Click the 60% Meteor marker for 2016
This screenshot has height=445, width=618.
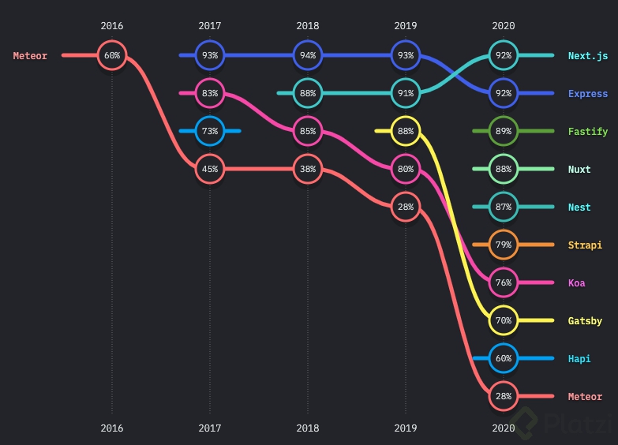coord(112,55)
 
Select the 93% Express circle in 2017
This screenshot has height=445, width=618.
coord(210,55)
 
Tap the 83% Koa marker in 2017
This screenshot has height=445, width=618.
coord(210,93)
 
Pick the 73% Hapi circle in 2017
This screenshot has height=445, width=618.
coord(210,131)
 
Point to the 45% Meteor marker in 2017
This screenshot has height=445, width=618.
coord(210,169)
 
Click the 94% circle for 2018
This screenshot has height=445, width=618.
coord(308,55)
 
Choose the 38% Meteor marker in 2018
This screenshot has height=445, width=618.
coord(308,169)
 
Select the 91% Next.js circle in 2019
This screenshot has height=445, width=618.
coord(406,93)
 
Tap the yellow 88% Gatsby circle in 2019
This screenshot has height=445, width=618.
coord(406,131)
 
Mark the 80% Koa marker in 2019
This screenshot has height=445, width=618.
coord(406,169)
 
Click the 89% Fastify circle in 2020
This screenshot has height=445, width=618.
coord(504,131)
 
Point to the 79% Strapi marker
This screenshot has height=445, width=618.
coord(504,245)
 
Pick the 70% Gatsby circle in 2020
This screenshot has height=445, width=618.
coord(504,320)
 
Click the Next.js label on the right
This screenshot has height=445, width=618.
coord(588,56)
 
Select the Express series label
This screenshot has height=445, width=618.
coord(588,94)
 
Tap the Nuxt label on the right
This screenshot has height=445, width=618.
coord(579,170)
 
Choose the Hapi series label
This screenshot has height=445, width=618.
coord(579,359)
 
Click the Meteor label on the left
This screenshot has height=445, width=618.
coord(30,56)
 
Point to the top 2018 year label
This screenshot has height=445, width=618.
coord(308,25)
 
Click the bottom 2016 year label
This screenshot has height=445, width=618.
coord(112,428)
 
